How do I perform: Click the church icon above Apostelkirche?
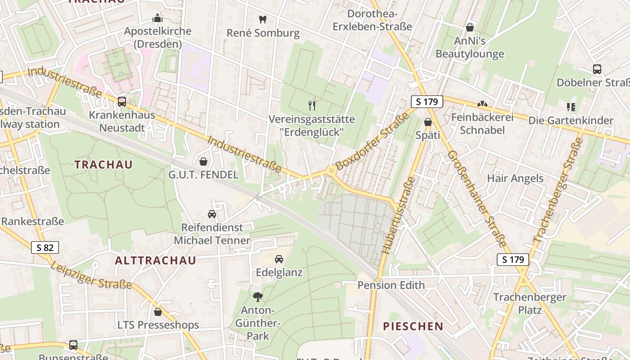pyautogui.click(x=157, y=18)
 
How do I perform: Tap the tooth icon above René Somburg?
pyautogui.click(x=263, y=20)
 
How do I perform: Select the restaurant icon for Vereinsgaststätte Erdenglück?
pyautogui.click(x=312, y=106)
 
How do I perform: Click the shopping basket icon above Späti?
pyautogui.click(x=427, y=122)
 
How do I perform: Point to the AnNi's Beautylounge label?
pyautogui.click(x=469, y=48)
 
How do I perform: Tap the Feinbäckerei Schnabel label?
pyautogui.click(x=482, y=124)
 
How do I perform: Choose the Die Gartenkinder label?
pyautogui.click(x=571, y=121)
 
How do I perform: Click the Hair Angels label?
pyautogui.click(x=515, y=179)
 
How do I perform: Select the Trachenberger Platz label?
pyautogui.click(x=530, y=304)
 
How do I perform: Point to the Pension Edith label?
pyautogui.click(x=391, y=285)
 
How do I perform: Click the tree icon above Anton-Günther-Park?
pyautogui.click(x=257, y=297)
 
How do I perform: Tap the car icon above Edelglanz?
pyautogui.click(x=279, y=259)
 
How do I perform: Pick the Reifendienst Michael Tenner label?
pyautogui.click(x=211, y=234)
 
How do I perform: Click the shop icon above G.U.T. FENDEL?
pyautogui.click(x=203, y=162)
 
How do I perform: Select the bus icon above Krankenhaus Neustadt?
pyautogui.click(x=121, y=102)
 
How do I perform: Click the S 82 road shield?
pyautogui.click(x=45, y=247)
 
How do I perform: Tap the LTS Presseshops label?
pyautogui.click(x=158, y=325)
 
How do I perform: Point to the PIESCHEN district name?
pyautogui.click(x=413, y=327)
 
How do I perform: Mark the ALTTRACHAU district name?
pyautogui.click(x=155, y=261)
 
